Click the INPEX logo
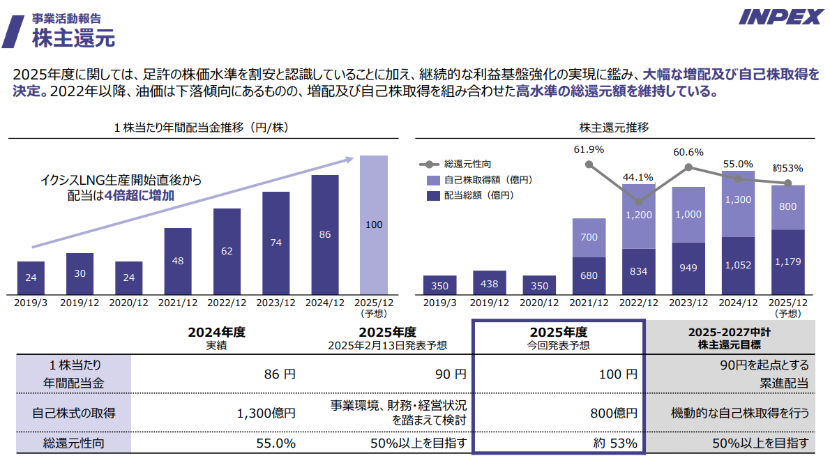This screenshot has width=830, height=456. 780,17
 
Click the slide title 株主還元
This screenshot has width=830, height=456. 73,37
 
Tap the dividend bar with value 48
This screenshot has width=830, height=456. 178,261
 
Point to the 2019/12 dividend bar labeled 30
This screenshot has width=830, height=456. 80,273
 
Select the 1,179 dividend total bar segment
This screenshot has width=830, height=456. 787,261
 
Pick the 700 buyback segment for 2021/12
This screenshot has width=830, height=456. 589,238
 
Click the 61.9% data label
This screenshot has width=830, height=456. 589,149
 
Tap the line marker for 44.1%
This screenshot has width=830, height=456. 639,202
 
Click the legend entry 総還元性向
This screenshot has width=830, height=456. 467,165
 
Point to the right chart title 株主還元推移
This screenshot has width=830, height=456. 614,128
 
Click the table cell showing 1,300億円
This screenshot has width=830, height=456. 266,413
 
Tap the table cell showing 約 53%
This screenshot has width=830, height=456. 614,443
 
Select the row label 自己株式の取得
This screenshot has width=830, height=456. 74,413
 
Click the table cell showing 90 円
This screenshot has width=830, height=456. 450,374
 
